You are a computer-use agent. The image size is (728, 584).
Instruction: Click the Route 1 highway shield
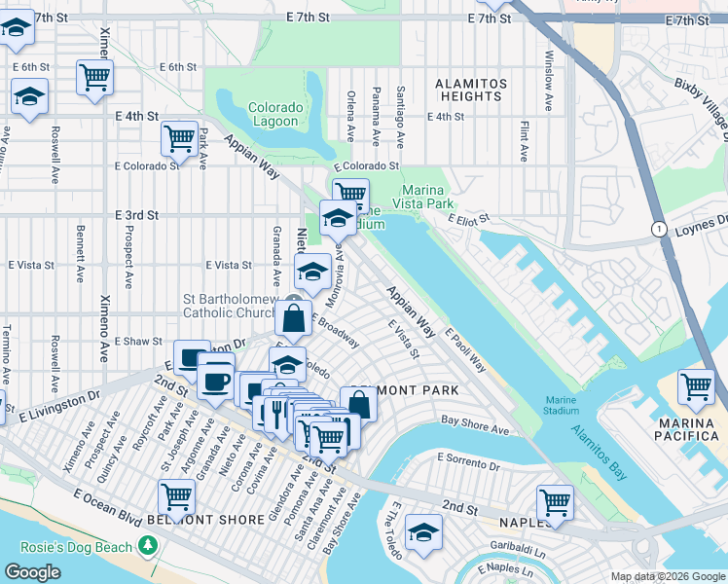[x=659, y=228]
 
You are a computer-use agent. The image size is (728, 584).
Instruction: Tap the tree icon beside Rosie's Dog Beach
[x=147, y=547]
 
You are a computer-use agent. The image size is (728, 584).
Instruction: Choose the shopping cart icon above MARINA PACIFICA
[x=697, y=386]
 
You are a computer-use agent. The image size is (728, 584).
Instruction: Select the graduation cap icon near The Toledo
[x=423, y=531]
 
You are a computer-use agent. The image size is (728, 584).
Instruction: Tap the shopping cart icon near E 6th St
[x=95, y=75]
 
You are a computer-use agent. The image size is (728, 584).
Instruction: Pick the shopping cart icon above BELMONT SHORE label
[x=177, y=496]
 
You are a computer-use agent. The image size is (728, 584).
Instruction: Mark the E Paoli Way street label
[x=466, y=350]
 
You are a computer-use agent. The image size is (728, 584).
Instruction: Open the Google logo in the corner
[x=33, y=572]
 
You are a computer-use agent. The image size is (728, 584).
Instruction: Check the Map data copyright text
[x=668, y=576]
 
